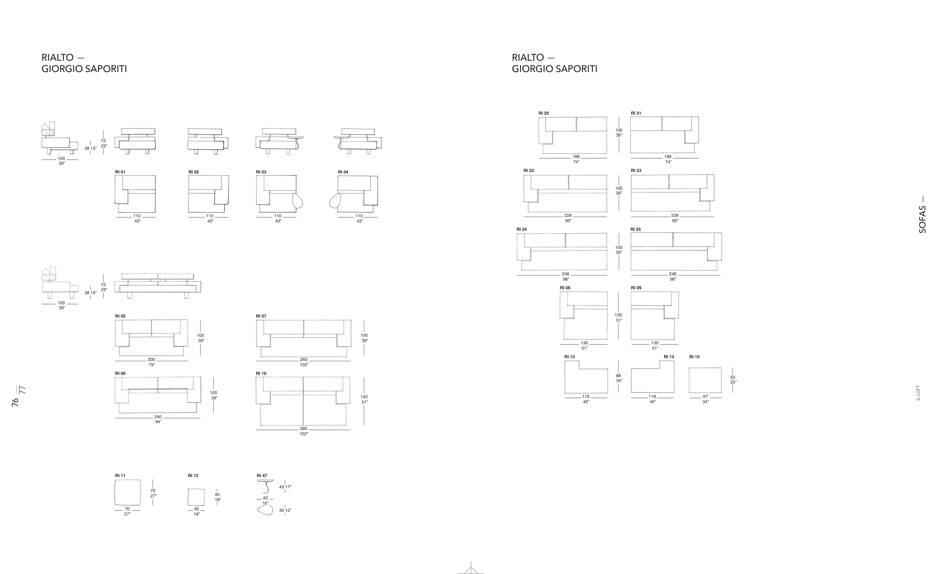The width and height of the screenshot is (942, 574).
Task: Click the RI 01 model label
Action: click(120, 172)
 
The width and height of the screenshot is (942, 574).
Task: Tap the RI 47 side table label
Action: click(262, 476)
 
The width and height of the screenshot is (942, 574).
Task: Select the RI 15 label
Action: click(694, 357)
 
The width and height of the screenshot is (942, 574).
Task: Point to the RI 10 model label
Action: click(261, 373)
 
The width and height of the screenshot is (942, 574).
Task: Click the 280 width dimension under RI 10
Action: click(304, 428)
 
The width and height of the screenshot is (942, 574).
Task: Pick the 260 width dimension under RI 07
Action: click(304, 360)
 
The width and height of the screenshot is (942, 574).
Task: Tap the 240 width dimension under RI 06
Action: click(158, 417)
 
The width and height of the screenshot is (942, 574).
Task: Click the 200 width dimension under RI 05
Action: click(151, 360)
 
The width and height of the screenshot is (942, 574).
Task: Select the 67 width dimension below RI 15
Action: click(705, 396)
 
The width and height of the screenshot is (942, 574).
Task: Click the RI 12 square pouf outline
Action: click(196, 497)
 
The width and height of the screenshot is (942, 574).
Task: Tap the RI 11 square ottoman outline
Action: click(127, 493)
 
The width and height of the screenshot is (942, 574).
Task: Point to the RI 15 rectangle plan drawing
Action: click(705, 381)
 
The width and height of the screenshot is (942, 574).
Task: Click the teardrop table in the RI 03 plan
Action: click(297, 201)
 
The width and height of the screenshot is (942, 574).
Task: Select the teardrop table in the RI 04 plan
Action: click(335, 201)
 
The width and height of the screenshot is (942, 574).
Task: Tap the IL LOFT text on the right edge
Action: click(918, 393)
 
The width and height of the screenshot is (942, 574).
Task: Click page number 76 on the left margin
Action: click(15, 402)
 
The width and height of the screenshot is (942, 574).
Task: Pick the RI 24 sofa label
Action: click(521, 230)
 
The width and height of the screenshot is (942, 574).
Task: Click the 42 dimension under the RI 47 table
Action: click(265, 498)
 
